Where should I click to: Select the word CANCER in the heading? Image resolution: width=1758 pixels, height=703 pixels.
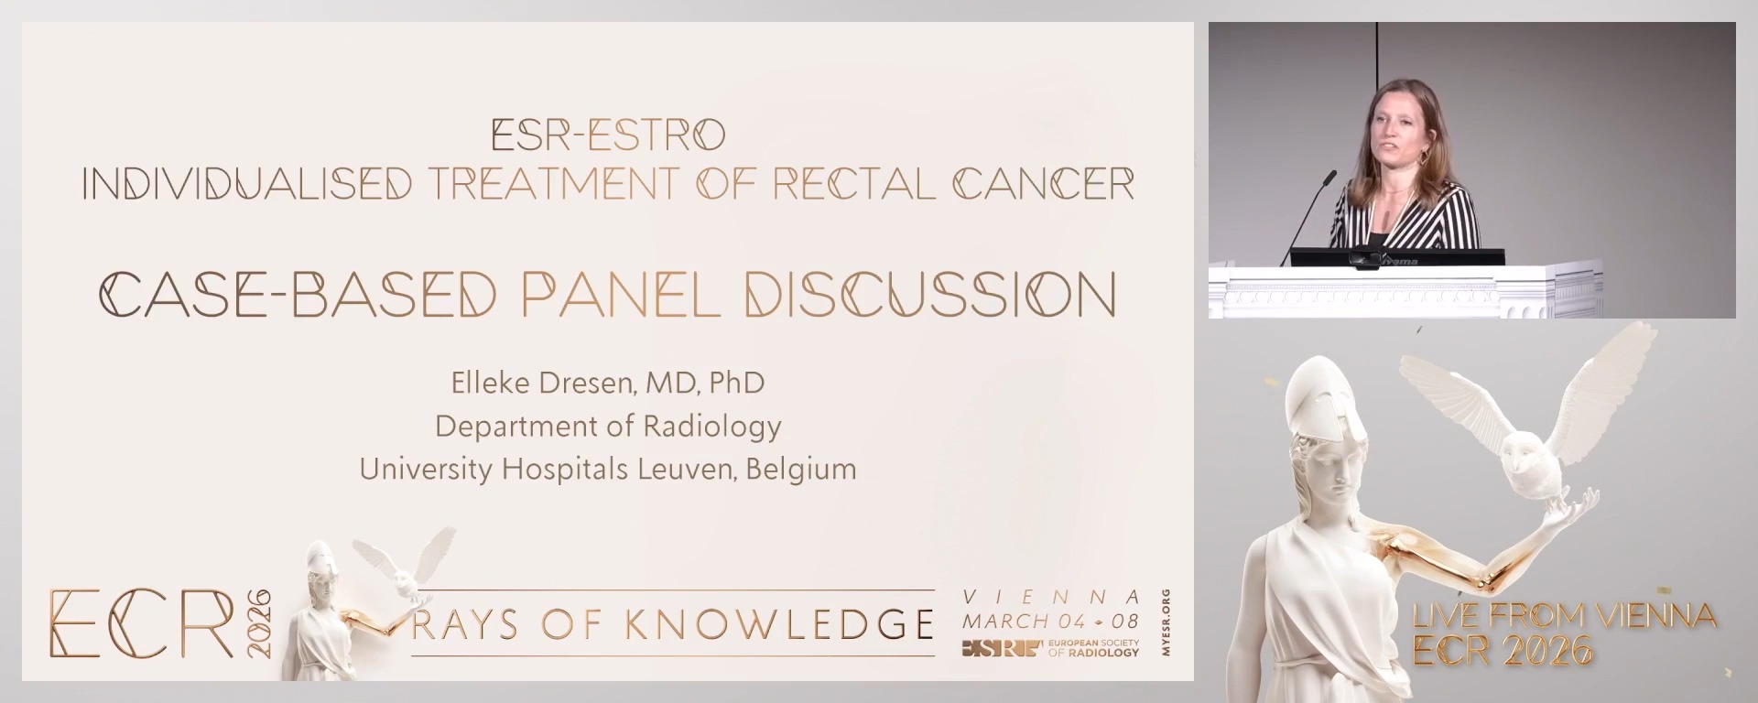click(x=1044, y=184)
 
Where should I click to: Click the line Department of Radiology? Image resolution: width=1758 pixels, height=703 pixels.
click(x=608, y=426)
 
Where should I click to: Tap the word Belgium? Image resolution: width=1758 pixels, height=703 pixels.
click(x=801, y=469)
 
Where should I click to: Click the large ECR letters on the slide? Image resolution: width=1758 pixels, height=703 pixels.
click(x=142, y=624)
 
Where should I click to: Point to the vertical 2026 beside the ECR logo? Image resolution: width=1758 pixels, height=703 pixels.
click(x=260, y=622)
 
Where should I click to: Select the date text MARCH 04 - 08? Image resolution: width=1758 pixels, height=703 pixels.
click(x=1050, y=621)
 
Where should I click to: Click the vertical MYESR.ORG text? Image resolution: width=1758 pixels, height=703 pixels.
click(x=1166, y=622)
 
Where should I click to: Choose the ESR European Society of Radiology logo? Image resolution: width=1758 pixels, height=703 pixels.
click(x=1050, y=649)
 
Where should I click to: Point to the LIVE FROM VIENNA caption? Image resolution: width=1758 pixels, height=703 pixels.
click(x=1564, y=616)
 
